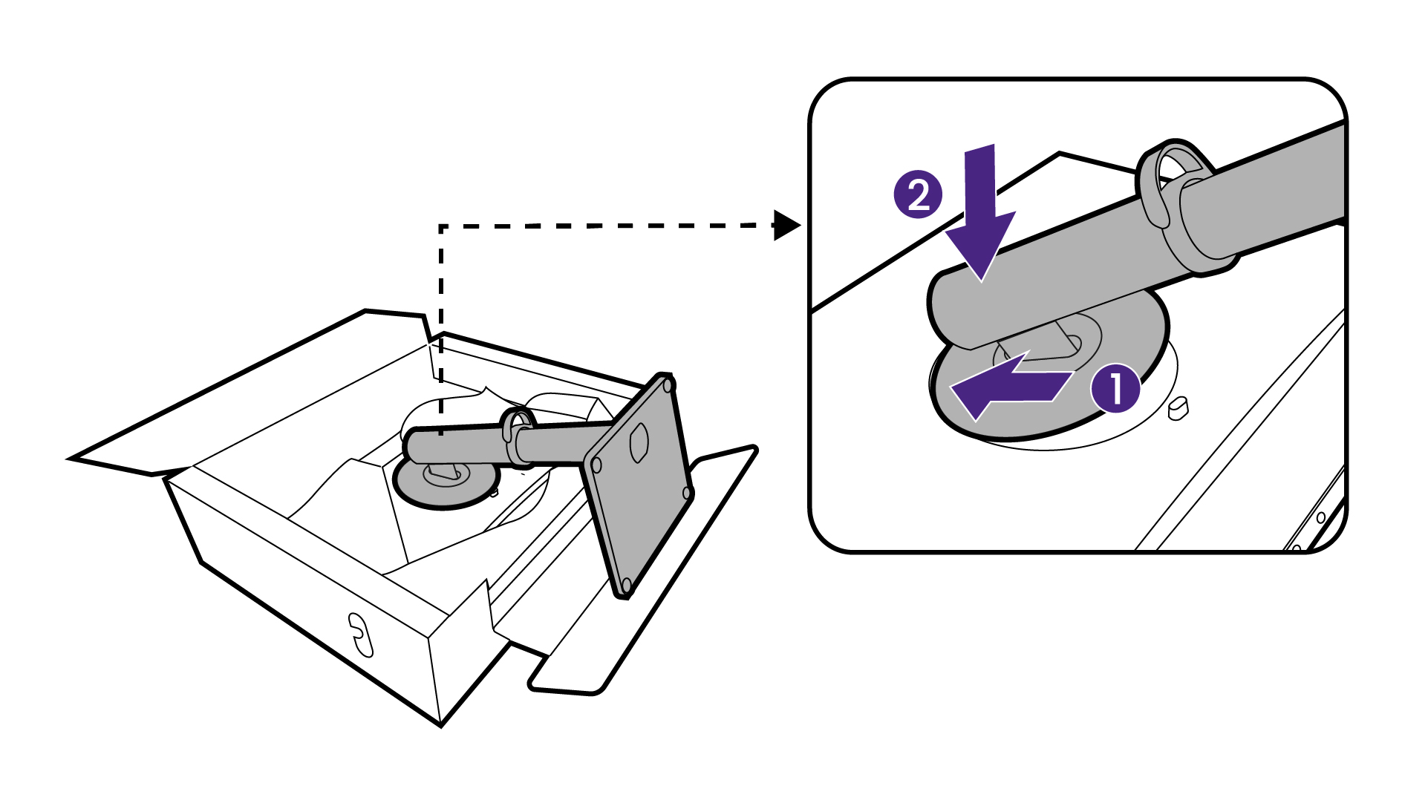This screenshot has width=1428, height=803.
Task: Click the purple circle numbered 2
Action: [918, 196]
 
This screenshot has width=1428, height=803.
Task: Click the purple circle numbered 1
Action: [1115, 388]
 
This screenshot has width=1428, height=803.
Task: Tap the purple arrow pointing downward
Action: [980, 215]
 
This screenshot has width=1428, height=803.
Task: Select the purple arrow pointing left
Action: [1010, 386]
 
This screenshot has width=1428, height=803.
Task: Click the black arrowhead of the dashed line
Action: [786, 225]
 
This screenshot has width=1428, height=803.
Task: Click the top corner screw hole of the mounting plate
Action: [668, 386]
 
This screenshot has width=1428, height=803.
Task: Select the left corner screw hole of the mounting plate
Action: [596, 466]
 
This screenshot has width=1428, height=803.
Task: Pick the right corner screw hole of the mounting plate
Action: [687, 493]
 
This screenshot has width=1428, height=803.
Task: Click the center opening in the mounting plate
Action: [639, 443]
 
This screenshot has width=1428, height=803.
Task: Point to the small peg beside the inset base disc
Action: [1178, 408]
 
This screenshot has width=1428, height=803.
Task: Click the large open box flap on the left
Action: [245, 393]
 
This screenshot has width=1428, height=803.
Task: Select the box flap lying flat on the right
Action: [646, 571]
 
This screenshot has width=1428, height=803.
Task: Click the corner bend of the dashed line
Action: [442, 226]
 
